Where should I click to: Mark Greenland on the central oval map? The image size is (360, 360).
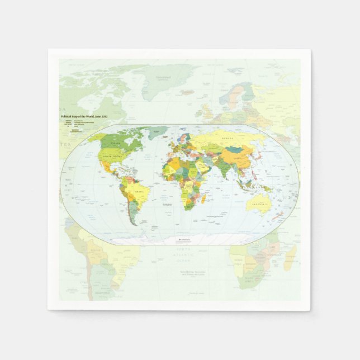158,132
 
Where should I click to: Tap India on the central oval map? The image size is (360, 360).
225,170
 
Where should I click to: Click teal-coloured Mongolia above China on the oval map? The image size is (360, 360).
235,150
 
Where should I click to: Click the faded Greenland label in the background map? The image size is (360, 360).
163,78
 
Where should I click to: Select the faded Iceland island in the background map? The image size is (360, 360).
188,92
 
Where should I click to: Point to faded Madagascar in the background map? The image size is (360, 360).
290,258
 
